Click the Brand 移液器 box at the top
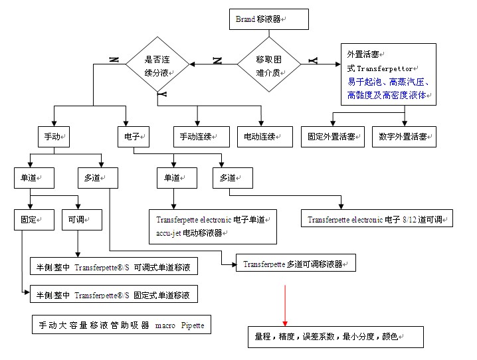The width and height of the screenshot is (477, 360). pyautogui.click(x=268, y=19)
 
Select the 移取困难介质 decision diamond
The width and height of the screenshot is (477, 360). pyautogui.click(x=269, y=64)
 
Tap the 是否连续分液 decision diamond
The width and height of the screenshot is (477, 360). pyautogui.click(x=158, y=64)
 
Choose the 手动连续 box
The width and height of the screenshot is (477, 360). pyautogui.click(x=197, y=137)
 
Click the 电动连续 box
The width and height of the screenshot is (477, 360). pyautogui.click(x=264, y=137)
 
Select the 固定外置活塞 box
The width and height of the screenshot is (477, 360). pyautogui.click(x=332, y=137)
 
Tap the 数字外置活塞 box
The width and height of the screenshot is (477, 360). pyautogui.click(x=403, y=137)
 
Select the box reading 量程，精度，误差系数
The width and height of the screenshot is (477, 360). pyautogui.click(x=335, y=337)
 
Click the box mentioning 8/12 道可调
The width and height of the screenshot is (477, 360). pyautogui.click(x=377, y=219)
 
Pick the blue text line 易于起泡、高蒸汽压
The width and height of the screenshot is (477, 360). pyautogui.click(x=389, y=82)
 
